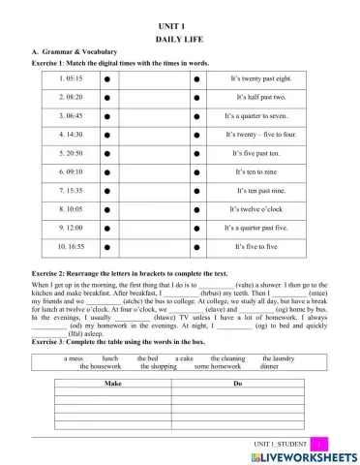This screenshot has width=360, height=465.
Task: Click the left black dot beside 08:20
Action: pos(107,98)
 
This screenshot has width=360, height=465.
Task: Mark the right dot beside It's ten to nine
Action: pos(197,172)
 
